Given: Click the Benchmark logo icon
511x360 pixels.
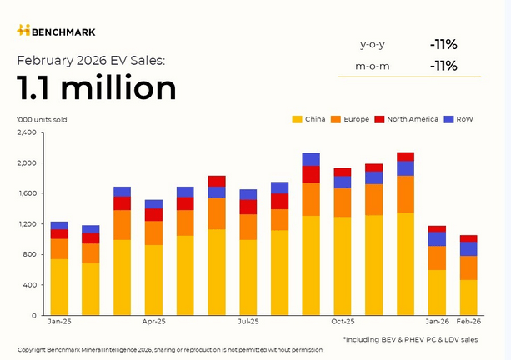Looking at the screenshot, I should (23, 31).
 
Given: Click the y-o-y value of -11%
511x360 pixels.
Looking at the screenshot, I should (443, 44).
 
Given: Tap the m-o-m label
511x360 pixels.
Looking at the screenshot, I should (373, 66).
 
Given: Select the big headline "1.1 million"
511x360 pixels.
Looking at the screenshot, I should (97, 87).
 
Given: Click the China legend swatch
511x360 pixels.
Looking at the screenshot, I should (297, 119).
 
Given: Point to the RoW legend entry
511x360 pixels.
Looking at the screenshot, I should (459, 119).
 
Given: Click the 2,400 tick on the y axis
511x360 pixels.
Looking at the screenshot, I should (27, 132).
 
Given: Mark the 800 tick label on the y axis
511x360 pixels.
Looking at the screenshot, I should (30, 254).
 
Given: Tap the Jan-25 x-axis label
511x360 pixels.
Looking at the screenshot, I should (59, 321).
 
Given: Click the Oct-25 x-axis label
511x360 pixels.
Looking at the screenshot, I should (343, 321).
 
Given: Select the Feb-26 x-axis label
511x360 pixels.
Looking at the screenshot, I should (468, 321).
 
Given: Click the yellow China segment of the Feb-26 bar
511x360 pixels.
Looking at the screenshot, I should (468, 297).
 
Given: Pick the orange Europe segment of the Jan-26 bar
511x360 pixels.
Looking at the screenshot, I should (437, 257).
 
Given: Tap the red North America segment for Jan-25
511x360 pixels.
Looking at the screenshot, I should (59, 234).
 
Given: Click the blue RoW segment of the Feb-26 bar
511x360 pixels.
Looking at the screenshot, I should (468, 248).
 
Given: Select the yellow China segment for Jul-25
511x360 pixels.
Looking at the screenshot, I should (248, 277).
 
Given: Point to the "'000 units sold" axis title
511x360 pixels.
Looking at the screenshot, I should (42, 119).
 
